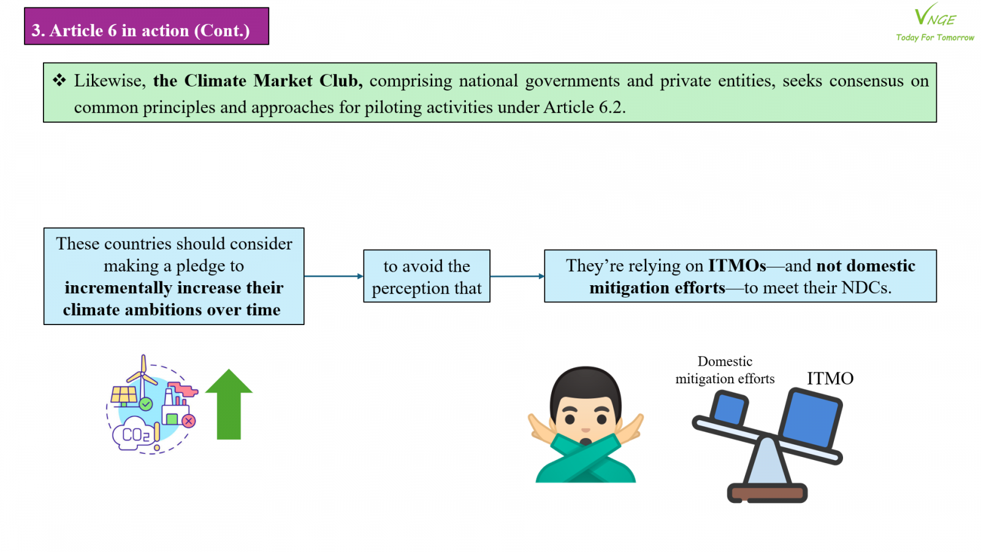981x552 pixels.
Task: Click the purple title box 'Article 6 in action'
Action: [147, 26]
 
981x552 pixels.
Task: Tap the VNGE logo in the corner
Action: [935, 16]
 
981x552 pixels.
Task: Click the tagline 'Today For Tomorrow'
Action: [935, 37]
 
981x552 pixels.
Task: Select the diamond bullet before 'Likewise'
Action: [59, 80]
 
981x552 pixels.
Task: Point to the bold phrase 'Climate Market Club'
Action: [271, 80]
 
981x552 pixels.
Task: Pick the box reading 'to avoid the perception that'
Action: [427, 276]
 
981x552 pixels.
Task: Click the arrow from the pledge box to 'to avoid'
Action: [334, 276]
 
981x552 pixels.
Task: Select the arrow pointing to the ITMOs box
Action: [517, 276]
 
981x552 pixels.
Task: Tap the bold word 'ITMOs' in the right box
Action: [737, 266]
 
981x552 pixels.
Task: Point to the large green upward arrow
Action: [229, 404]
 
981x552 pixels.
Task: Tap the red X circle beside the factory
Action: [189, 421]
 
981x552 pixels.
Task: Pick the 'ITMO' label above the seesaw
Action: [830, 378]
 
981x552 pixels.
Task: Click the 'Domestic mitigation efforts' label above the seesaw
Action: [725, 370]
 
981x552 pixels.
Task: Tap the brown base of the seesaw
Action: [767, 493]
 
